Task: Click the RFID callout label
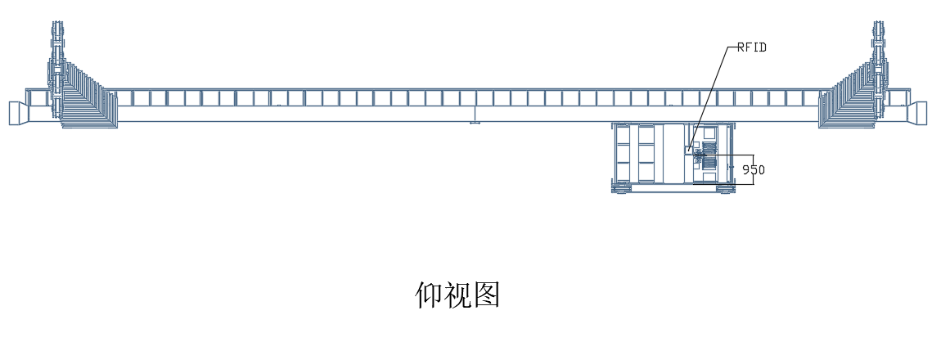tap(751, 47)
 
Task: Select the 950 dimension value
tap(753, 170)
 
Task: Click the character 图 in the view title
tap(486, 295)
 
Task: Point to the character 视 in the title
tap(457, 295)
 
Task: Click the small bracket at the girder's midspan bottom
tap(475, 124)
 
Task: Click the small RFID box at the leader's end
tap(688, 150)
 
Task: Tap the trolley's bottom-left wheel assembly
tap(622, 189)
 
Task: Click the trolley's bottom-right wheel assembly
tap(725, 189)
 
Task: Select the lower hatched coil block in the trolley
tap(707, 164)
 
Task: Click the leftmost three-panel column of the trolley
tap(624, 153)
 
